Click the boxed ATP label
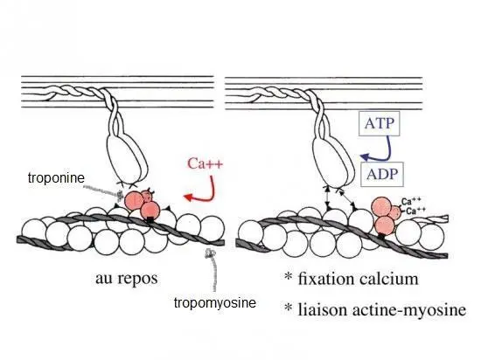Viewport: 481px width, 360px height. [x=380, y=123]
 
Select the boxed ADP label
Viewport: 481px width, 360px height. [x=382, y=175]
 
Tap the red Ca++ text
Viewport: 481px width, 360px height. [x=205, y=163]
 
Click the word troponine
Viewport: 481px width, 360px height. [x=56, y=177]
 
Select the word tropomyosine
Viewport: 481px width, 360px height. [x=215, y=302]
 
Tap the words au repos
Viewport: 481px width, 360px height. [x=127, y=278]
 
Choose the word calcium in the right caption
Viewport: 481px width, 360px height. [x=388, y=279]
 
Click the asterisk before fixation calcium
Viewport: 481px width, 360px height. [x=288, y=276]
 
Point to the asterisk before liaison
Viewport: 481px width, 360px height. [x=288, y=307]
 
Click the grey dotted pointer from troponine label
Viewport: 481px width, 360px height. [x=103, y=190]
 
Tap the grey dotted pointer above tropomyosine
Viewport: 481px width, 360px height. [x=213, y=270]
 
